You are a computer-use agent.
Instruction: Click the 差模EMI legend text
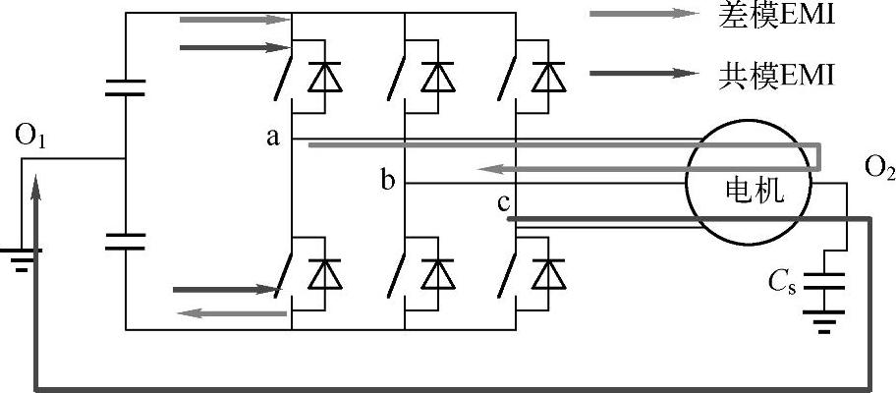(x=775, y=16)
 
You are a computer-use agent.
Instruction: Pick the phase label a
(x=272, y=138)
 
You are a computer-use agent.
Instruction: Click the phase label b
(x=387, y=181)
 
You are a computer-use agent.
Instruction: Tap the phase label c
(x=502, y=204)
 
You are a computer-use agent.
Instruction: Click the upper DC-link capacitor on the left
(x=126, y=89)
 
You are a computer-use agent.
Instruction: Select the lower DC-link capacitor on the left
(x=126, y=242)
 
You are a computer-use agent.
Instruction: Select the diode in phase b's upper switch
(x=432, y=78)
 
